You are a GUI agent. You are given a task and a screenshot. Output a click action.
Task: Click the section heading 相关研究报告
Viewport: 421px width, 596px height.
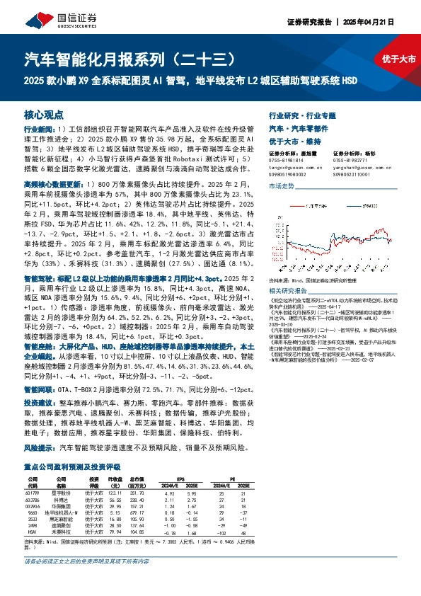point(287,290)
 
